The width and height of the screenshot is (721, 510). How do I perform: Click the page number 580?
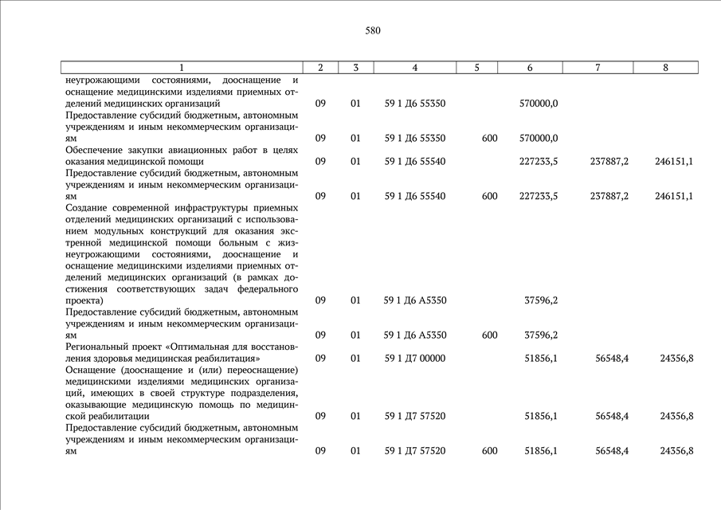(x=373, y=31)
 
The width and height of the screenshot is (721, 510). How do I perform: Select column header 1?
(x=181, y=68)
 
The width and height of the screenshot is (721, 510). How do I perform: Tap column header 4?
(x=415, y=68)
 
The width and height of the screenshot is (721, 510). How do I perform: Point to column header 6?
(x=530, y=68)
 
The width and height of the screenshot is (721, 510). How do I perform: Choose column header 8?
(x=665, y=68)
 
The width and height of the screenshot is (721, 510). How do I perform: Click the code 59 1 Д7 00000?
(x=415, y=358)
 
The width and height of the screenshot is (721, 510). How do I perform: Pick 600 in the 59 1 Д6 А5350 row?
(x=489, y=335)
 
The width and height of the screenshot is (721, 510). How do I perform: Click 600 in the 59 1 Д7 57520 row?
(x=489, y=450)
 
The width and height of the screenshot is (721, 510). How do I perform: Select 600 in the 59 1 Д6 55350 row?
(x=489, y=138)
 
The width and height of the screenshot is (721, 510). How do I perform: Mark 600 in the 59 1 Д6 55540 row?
(x=489, y=196)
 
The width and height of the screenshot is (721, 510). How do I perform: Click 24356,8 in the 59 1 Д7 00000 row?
(x=676, y=358)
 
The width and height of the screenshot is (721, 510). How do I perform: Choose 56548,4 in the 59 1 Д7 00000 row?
(x=612, y=358)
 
